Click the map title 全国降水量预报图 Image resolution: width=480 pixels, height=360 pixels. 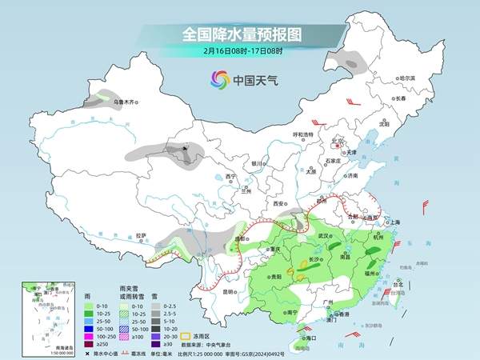[240, 34]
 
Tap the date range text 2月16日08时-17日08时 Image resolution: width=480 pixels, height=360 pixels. [239, 51]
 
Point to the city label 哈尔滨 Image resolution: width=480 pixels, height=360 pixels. [407, 78]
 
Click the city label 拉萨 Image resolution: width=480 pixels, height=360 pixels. [142, 235]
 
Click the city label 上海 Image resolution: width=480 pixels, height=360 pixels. [394, 222]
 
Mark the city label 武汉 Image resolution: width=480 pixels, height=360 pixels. [324, 237]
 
